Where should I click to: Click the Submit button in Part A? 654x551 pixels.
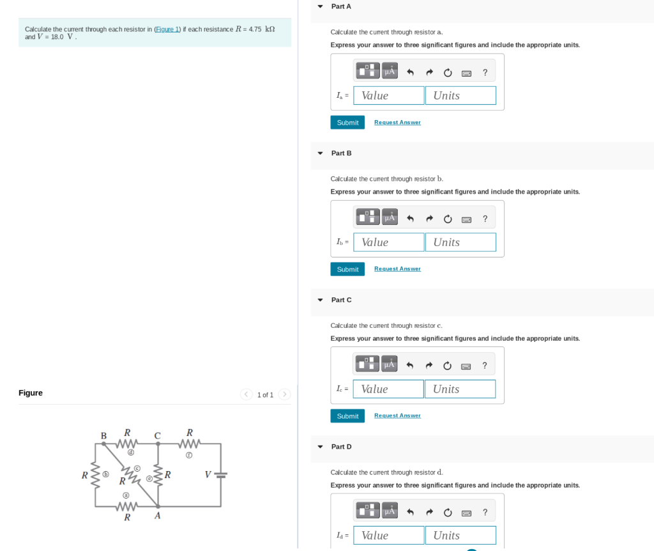coord(347,123)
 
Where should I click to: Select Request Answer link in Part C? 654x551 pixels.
coord(397,415)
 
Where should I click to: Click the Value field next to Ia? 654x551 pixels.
coord(388,96)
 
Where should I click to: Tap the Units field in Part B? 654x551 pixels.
coord(460,242)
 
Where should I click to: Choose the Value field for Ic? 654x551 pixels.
coord(388,389)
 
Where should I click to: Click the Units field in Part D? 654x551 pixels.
coord(460,536)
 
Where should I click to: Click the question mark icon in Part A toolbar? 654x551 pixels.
coord(485,72)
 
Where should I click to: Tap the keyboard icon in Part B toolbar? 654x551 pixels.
coord(466,219)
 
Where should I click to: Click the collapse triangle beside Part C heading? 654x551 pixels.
coord(320,300)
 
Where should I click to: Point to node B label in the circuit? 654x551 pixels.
coord(103,436)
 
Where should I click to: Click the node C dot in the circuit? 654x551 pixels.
coord(158,444)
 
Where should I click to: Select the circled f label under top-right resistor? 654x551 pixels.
coord(189,455)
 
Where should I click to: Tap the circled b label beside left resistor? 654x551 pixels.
coord(107,475)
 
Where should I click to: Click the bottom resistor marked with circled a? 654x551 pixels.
coord(126,506)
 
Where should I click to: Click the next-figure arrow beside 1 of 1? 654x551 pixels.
coord(284,394)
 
